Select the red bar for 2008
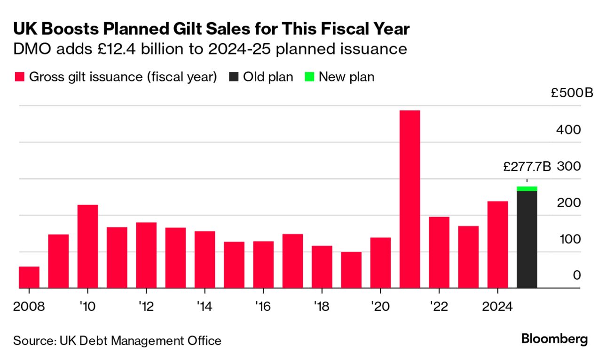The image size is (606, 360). point(29,277)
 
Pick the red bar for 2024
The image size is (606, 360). point(497,244)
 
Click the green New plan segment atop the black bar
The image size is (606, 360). point(527,188)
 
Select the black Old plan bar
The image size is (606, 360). point(527,239)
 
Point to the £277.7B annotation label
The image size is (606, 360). point(527,167)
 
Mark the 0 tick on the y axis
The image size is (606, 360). point(576,275)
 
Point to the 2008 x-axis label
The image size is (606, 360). point(29,307)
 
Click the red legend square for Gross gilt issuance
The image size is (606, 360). point(19,77)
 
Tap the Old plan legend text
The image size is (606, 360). point(268,77)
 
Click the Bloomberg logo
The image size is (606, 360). point(554,339)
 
